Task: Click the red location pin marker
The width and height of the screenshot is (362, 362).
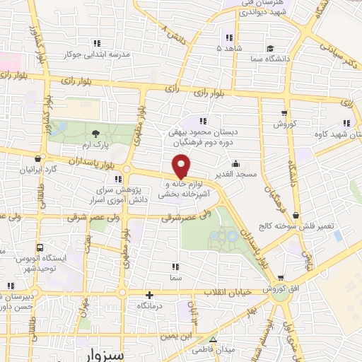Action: [182, 167]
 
